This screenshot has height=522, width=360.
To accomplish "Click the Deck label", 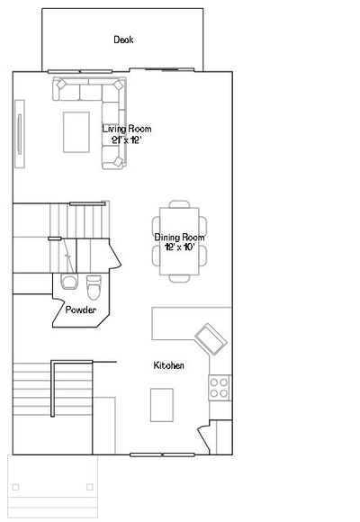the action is click(x=123, y=40).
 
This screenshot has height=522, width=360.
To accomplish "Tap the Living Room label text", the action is click(x=127, y=129).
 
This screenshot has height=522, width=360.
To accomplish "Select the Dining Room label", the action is click(x=179, y=238).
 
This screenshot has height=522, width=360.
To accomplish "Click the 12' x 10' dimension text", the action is click(x=179, y=247).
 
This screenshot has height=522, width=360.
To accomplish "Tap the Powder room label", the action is click(x=81, y=310).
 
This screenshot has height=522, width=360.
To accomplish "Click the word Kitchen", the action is click(x=168, y=365).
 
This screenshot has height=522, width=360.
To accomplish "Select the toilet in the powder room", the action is click(x=94, y=287).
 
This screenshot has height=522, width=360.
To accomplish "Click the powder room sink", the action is click(x=69, y=282).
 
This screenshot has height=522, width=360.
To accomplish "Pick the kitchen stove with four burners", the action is click(x=220, y=388).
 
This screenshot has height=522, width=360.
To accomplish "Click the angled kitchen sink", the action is click(x=211, y=339).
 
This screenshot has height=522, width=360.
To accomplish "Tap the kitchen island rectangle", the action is click(x=162, y=405).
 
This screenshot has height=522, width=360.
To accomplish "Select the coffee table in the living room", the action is click(x=76, y=132).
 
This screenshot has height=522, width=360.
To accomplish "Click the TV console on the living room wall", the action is click(x=20, y=134).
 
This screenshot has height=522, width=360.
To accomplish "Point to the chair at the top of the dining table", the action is click(x=179, y=204).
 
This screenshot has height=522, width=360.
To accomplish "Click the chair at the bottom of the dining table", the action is click(x=179, y=279).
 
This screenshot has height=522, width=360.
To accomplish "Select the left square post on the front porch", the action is click(x=15, y=487).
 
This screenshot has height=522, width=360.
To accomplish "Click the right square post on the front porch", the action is click(x=90, y=487).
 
